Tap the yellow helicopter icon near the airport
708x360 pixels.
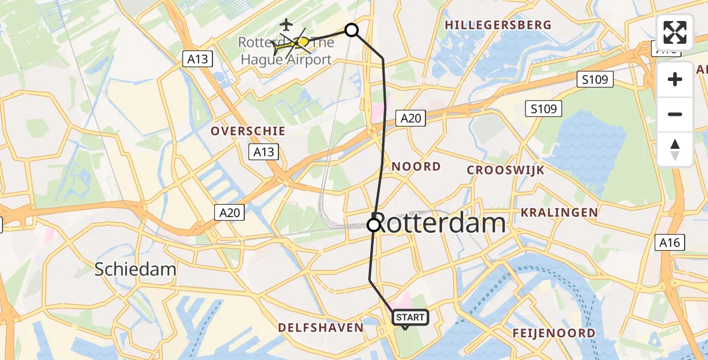pyautogui.click(x=296, y=43)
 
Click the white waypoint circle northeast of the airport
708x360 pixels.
pyautogui.click(x=352, y=30)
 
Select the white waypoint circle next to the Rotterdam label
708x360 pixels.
pyautogui.click(x=374, y=225)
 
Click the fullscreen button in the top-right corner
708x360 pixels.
pyautogui.click(x=675, y=32)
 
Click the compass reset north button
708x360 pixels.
pyautogui.click(x=675, y=149)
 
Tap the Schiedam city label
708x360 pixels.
pyautogui.click(x=135, y=269)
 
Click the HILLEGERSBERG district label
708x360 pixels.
pyautogui.click(x=498, y=25)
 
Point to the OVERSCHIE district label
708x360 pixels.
pyautogui.click(x=248, y=131)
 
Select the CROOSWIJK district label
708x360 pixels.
pyautogui.click(x=506, y=170)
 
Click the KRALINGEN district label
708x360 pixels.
pyautogui.click(x=559, y=212)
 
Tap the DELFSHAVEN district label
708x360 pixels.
pyautogui.click(x=320, y=327)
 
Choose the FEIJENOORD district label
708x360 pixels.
pyautogui.click(x=554, y=333)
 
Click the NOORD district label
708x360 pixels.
pyautogui.click(x=416, y=166)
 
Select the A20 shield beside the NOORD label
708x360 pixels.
pyautogui.click(x=411, y=118)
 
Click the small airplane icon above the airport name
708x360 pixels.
pyautogui.click(x=287, y=25)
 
